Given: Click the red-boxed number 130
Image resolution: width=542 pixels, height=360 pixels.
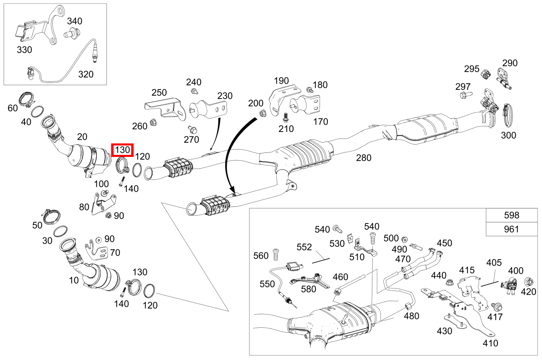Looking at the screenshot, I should pos(123,150).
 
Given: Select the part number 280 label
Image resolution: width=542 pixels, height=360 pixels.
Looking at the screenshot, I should pos(363,157).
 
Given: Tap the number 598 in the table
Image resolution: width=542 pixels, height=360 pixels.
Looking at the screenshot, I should pos(511,215).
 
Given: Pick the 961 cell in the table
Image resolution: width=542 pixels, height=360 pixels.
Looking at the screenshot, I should pos(511,229).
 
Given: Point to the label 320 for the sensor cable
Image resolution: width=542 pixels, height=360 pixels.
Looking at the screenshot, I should pos(85,74).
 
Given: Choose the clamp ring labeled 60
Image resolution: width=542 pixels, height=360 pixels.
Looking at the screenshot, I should pos(27,99).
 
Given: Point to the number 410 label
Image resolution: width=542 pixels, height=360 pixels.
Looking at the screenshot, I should pos(490,343).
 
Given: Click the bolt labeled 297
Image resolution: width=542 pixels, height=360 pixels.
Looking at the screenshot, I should pos(465,95).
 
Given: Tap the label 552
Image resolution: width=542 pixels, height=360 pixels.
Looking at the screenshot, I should pos(304,247).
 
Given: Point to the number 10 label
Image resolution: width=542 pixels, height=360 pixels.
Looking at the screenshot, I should pos(74,280).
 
